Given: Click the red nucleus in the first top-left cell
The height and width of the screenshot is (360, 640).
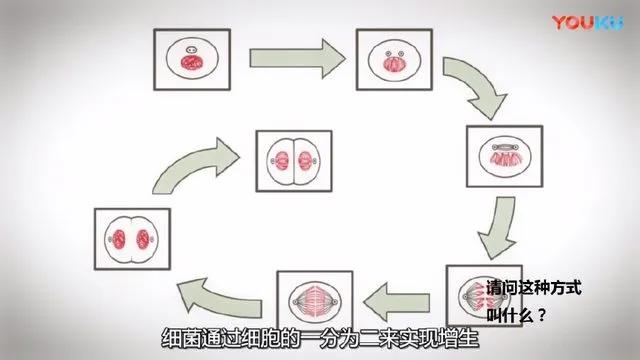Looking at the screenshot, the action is coord(188,62).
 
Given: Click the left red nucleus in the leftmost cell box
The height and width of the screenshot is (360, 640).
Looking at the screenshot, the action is coord(121,239).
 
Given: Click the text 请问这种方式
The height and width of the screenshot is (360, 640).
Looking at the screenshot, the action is coord(540,287).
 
